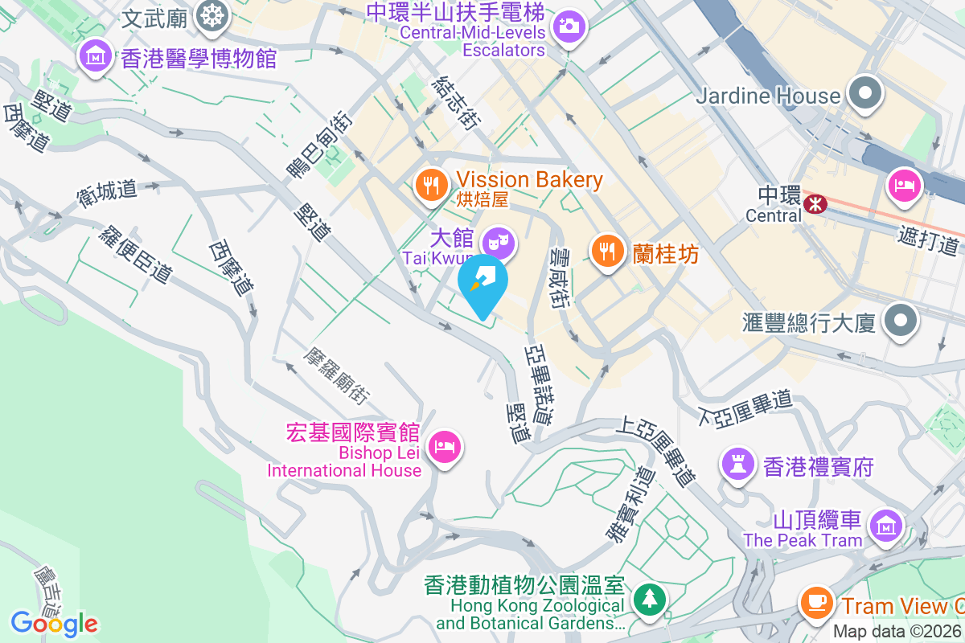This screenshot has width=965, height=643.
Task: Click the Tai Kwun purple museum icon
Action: point(498,240)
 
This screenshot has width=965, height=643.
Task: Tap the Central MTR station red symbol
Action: point(815,204)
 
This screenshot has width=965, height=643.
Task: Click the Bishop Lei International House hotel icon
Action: point(445,444)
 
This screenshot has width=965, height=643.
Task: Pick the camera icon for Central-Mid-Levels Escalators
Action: point(569,26)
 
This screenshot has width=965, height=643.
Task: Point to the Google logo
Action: point(54,623)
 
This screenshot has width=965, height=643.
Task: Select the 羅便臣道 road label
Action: point(136,254)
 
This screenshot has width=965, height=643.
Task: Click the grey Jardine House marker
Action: point(864,93)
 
